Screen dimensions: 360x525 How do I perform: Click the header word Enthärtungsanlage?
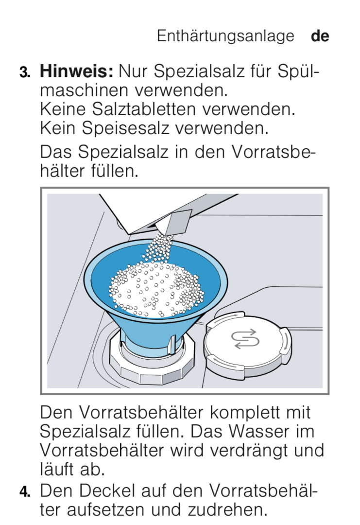coord(225,36)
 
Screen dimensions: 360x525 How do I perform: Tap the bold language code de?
coord(320,36)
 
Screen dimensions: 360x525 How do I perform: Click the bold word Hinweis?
coord(77,71)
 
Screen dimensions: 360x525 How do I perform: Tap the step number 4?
coord(25,491)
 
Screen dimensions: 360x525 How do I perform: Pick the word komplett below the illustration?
coord(246,413)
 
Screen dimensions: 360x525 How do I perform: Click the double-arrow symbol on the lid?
coord(245,339)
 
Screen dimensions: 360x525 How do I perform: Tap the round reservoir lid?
coord(248,347)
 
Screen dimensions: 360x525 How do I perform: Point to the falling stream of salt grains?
coord(159,248)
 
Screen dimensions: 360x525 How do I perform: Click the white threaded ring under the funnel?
coord(152,362)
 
